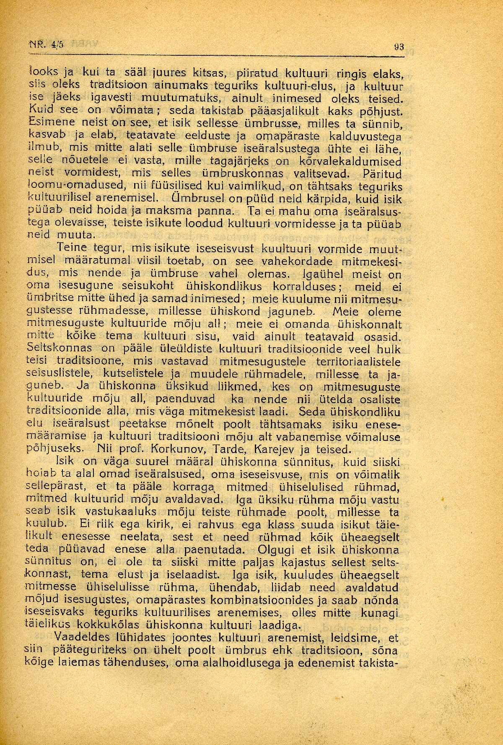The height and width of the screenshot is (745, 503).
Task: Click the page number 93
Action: (399, 47)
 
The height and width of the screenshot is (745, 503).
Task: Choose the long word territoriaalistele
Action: (358, 362)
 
